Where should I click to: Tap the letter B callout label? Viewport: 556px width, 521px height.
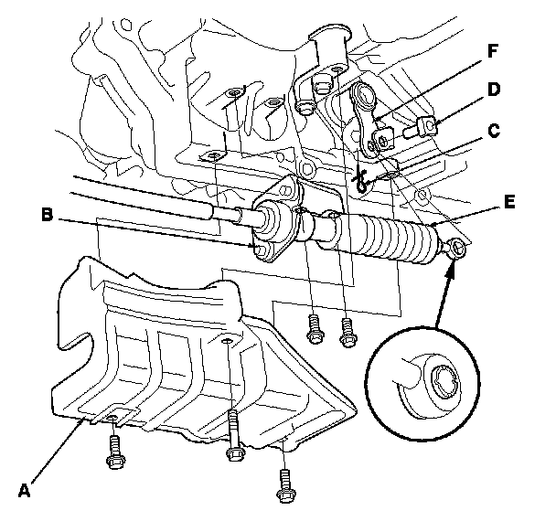coord(47,217)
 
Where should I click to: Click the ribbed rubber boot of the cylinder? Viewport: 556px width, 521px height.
coord(389,237)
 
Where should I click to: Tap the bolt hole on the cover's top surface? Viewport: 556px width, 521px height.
coord(227,341)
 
